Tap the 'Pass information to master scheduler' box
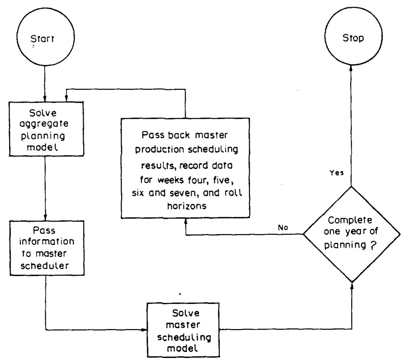(46, 248)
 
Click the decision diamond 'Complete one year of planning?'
(351, 234)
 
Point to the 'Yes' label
(337, 174)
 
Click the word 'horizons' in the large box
(187, 205)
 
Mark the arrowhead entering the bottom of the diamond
(351, 285)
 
